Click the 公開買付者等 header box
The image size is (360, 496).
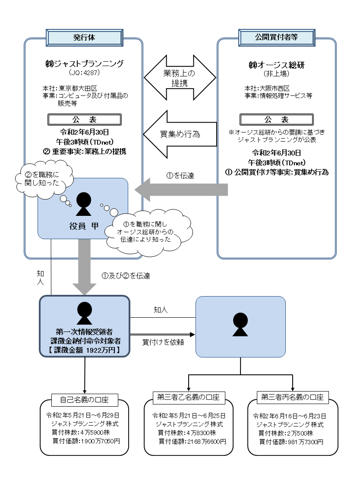[x=276, y=37]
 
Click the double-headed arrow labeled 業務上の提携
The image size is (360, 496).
[x=180, y=77]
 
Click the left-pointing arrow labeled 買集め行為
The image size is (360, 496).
[x=180, y=134]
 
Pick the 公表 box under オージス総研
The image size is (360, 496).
[x=276, y=120]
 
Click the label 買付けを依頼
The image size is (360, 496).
[x=158, y=342]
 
